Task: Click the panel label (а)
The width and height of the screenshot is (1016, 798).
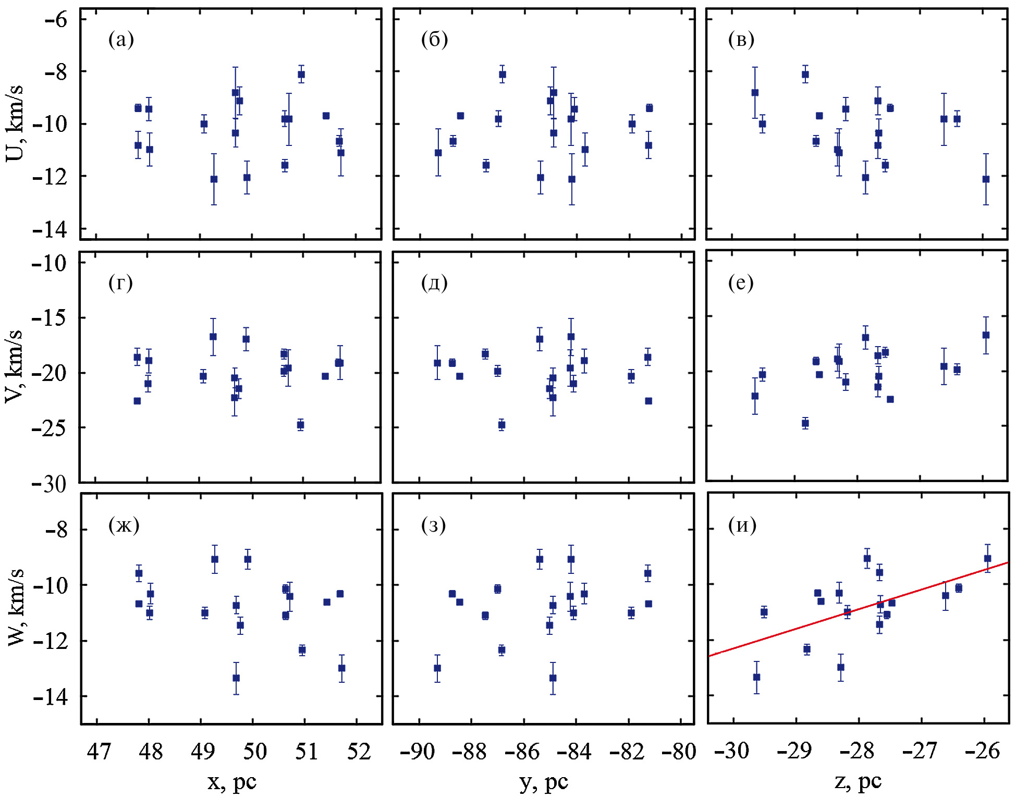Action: pyautogui.click(x=121, y=40)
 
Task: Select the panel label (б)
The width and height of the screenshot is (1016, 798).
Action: pyautogui.click(x=434, y=40)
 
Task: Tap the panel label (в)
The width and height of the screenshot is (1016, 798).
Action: pyautogui.click(x=741, y=40)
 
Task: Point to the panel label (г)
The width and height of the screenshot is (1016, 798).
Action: pyautogui.click(x=120, y=283)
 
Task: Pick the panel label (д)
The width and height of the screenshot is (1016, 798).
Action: pyautogui.click(x=434, y=283)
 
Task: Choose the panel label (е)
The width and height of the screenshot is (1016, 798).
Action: pyautogui.click(x=741, y=283)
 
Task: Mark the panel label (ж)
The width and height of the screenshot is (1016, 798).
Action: pyautogui.click(x=124, y=525)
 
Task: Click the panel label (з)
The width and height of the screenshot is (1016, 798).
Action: pyautogui.click(x=433, y=525)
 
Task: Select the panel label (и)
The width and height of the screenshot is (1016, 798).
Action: pyautogui.click(x=742, y=525)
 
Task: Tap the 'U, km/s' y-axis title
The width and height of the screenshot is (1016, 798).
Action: pyautogui.click(x=14, y=123)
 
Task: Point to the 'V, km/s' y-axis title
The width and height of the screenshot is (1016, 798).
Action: pyautogui.click(x=14, y=366)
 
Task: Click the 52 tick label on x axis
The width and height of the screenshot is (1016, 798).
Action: pyautogui.click(x=359, y=752)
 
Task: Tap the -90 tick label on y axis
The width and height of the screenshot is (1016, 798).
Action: pyautogui.click(x=417, y=752)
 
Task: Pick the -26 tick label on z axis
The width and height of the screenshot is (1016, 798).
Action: pyautogui.click(x=982, y=751)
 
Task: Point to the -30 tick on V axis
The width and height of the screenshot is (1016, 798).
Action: pyautogui.click(x=49, y=484)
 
